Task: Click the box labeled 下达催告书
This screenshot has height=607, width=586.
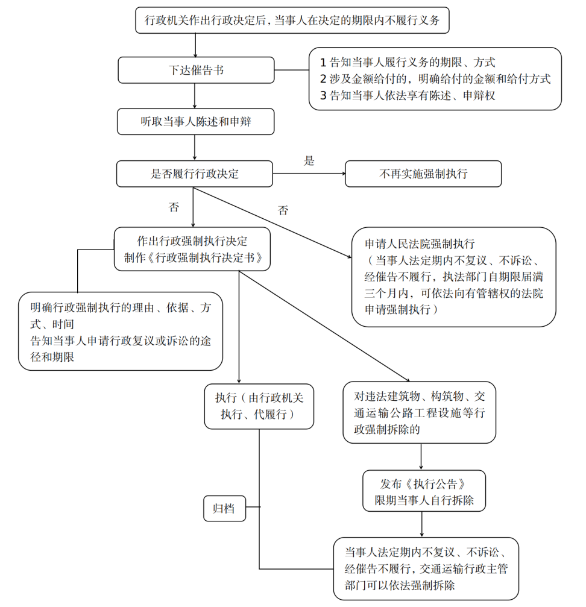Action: (196, 70)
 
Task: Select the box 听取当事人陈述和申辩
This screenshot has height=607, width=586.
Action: (196, 121)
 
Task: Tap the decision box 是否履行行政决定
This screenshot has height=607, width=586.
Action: (194, 174)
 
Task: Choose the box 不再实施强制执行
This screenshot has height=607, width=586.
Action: (423, 174)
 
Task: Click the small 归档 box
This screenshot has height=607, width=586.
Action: (224, 508)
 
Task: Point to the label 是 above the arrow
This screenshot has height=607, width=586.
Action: (309, 161)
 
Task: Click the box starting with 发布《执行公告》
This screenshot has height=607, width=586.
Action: (423, 491)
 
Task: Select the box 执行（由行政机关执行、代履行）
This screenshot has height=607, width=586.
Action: (259, 406)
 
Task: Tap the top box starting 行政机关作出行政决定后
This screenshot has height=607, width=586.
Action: (292, 20)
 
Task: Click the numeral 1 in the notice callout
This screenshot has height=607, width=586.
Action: (323, 62)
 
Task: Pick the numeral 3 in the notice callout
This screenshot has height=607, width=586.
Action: (323, 95)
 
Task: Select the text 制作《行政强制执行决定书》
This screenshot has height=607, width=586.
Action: (192, 258)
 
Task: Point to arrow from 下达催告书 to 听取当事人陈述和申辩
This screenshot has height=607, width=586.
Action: (195, 95)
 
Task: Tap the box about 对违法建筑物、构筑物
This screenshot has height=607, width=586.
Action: (420, 413)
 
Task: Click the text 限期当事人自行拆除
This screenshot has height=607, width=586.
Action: (423, 500)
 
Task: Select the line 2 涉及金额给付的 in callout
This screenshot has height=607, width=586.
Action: (435, 79)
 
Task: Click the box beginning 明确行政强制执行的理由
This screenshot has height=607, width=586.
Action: (121, 332)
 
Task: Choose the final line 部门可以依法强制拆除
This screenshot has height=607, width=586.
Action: (400, 585)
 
